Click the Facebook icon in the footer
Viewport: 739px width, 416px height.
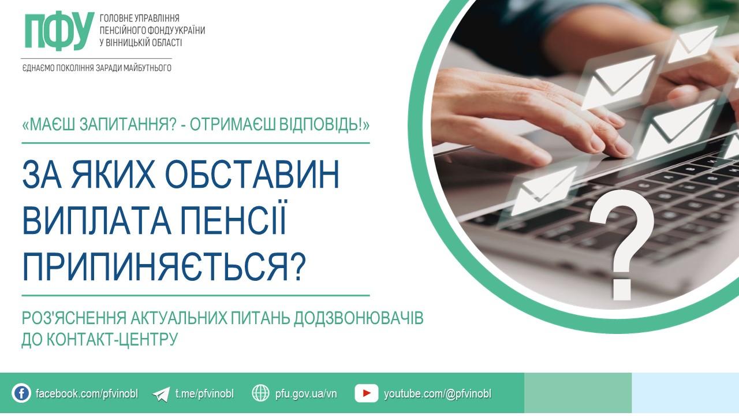tap(21, 393)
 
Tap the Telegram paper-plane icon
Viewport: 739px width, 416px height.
tap(161, 394)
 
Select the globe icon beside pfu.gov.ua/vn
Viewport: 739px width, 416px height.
tap(261, 393)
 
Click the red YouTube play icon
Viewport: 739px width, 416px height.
tap(366, 393)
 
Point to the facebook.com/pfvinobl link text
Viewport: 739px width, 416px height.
tap(87, 394)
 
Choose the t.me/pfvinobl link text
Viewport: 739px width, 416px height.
tap(204, 394)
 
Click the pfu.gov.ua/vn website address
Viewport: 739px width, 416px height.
tap(306, 394)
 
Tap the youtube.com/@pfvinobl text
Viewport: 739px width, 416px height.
tap(438, 394)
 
